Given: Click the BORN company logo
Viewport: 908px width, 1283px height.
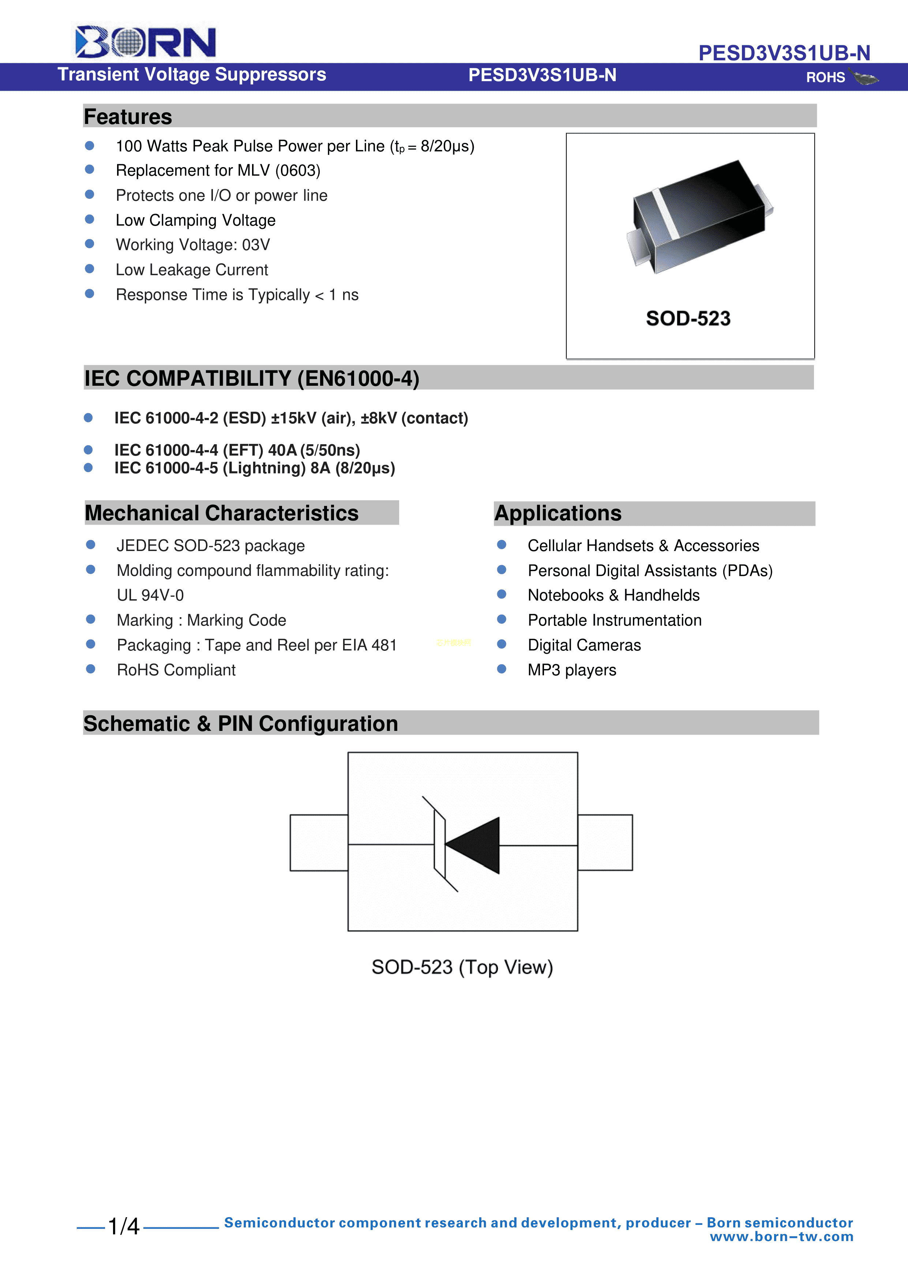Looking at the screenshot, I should click(x=145, y=42).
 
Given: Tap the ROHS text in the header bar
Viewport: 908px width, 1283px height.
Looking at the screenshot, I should click(x=825, y=78).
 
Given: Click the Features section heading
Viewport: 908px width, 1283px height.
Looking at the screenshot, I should click(x=128, y=117).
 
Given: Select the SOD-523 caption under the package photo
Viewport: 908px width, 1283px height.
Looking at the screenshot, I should click(x=688, y=318).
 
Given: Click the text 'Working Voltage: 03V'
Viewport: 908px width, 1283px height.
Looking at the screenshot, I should click(x=193, y=245).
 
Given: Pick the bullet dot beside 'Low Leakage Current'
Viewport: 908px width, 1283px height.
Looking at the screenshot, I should click(x=90, y=269).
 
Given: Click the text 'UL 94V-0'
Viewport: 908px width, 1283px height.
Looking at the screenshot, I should click(x=150, y=595).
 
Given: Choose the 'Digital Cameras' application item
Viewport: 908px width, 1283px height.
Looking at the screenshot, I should click(x=584, y=645).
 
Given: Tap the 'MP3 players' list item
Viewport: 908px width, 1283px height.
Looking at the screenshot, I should click(x=572, y=670).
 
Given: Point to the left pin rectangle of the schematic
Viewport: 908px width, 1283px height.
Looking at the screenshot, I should click(x=319, y=843).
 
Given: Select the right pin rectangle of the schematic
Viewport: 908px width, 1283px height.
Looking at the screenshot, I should click(x=605, y=843).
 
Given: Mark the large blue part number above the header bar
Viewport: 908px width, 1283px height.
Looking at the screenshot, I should click(x=784, y=53).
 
